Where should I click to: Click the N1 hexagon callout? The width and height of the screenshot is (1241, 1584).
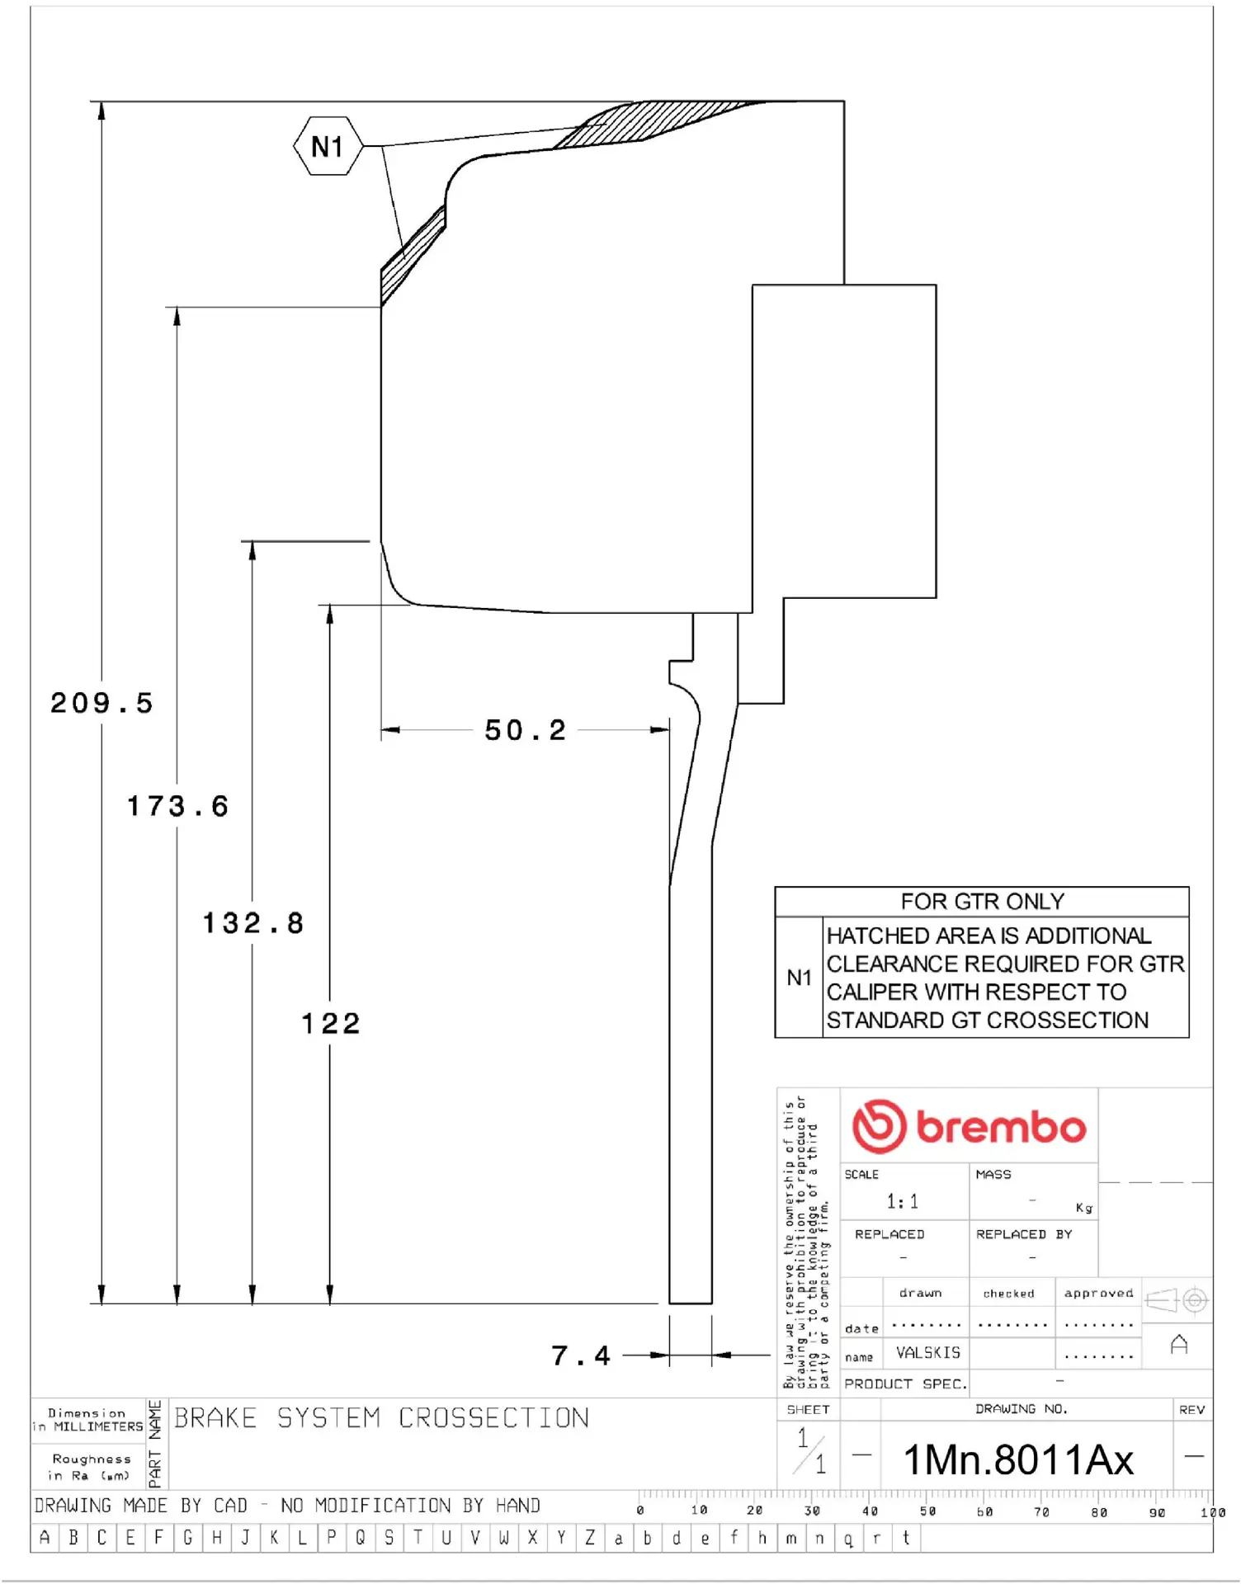328,147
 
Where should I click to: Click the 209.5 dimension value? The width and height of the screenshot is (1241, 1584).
101,704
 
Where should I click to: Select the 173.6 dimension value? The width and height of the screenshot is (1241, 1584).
177,806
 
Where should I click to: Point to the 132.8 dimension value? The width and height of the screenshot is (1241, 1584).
253,923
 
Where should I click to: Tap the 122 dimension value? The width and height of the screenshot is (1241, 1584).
330,1024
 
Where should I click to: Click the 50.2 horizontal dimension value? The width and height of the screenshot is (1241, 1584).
525,730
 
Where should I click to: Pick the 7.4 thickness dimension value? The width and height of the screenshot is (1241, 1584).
581,1355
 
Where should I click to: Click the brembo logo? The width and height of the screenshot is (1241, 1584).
969,1126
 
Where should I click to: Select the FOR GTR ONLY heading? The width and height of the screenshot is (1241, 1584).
982,902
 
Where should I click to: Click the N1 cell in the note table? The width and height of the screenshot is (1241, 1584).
799,978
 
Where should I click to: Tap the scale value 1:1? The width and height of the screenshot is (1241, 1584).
902,1202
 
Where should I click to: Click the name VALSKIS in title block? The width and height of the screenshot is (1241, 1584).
928,1353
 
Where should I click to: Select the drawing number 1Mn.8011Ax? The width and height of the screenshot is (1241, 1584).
1018,1460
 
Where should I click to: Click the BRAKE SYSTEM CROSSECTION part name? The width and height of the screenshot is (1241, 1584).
381,1418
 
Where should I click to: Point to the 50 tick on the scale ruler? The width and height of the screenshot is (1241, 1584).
927,1511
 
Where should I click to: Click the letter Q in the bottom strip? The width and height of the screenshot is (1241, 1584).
361,1538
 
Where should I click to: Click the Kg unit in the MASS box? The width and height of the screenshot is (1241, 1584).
1083,1208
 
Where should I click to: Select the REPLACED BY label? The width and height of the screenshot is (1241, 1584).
1023,1234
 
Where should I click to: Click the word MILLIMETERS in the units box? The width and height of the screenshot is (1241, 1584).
98,1426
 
